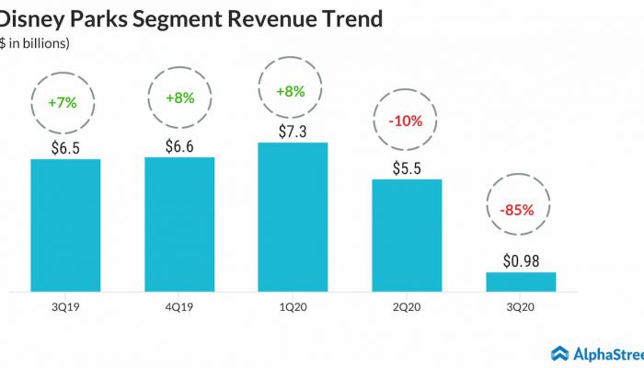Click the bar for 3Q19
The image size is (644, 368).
tap(65, 225)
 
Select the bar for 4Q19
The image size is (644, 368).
tap(179, 224)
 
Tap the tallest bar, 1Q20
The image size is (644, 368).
tap(293, 217)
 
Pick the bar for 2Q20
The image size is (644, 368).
tap(407, 236)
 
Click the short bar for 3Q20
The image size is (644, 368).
tap(521, 282)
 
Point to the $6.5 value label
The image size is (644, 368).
tap(65, 146)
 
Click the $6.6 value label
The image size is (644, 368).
tap(179, 144)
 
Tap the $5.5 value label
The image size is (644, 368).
tap(407, 167)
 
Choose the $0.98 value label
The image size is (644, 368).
tap(521, 259)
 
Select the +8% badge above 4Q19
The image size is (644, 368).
tap(179, 98)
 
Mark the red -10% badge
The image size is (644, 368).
tap(407, 121)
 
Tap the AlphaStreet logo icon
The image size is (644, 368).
tap(560, 353)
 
